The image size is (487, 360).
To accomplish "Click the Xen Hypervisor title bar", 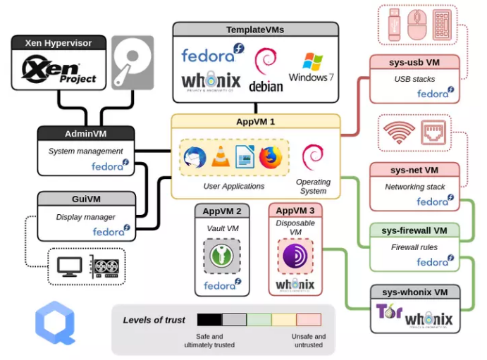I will point(58,43).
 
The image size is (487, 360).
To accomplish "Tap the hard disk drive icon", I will point(132,62).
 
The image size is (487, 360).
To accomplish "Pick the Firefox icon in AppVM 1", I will point(269,156).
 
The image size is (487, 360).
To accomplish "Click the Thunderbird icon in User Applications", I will point(195,156).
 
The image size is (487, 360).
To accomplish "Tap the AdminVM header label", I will point(85,133).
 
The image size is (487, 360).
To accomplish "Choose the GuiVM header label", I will point(85,199).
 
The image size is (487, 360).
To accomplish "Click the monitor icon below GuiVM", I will point(69,266).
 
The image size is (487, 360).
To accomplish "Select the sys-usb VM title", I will point(414,63).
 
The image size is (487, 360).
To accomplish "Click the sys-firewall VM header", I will point(414,230).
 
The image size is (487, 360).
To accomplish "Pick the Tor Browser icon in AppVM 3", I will point(295,256).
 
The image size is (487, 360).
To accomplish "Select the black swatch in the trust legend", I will point(209,320).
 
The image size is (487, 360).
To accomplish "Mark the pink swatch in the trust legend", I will point(308,320).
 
